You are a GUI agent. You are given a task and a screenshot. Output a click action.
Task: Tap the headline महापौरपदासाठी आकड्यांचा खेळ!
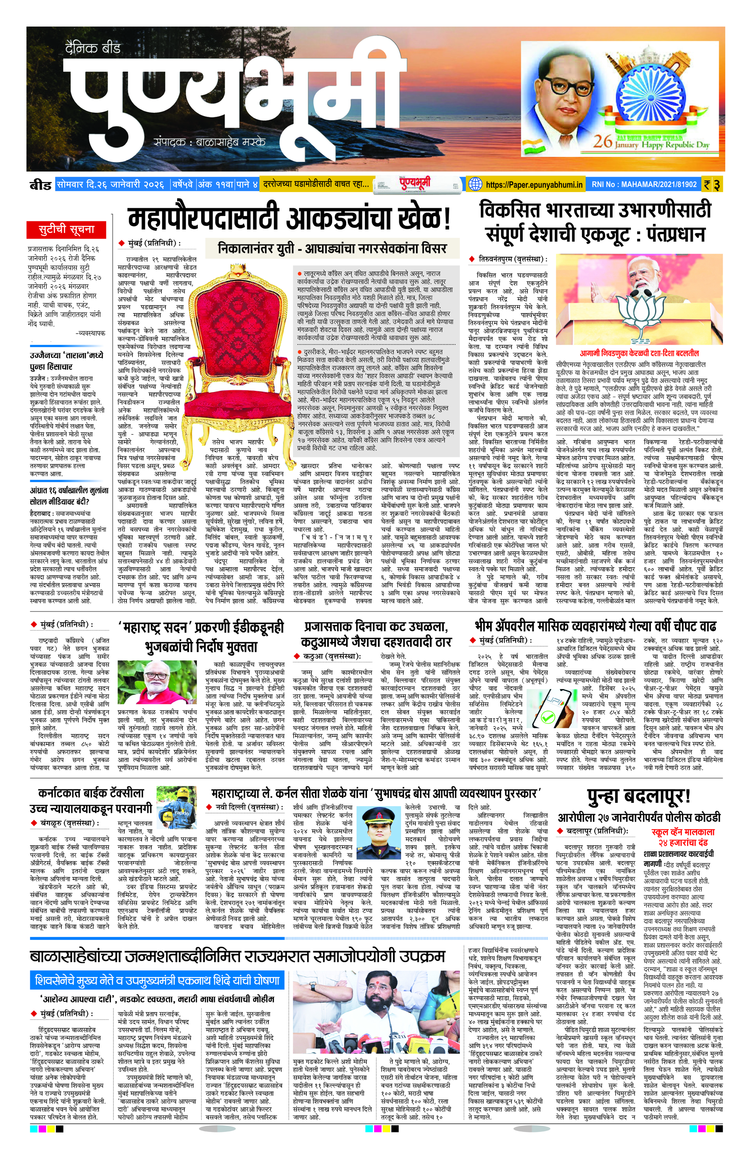289,219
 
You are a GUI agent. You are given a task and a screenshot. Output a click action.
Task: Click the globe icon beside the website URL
475,184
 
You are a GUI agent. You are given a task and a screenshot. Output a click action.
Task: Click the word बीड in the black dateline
40,185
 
